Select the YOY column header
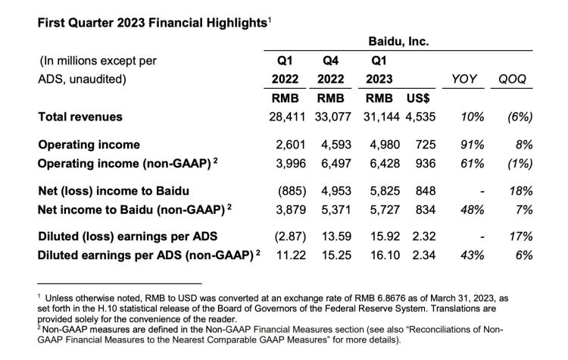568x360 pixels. point(463,80)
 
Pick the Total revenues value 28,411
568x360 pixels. point(289,117)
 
